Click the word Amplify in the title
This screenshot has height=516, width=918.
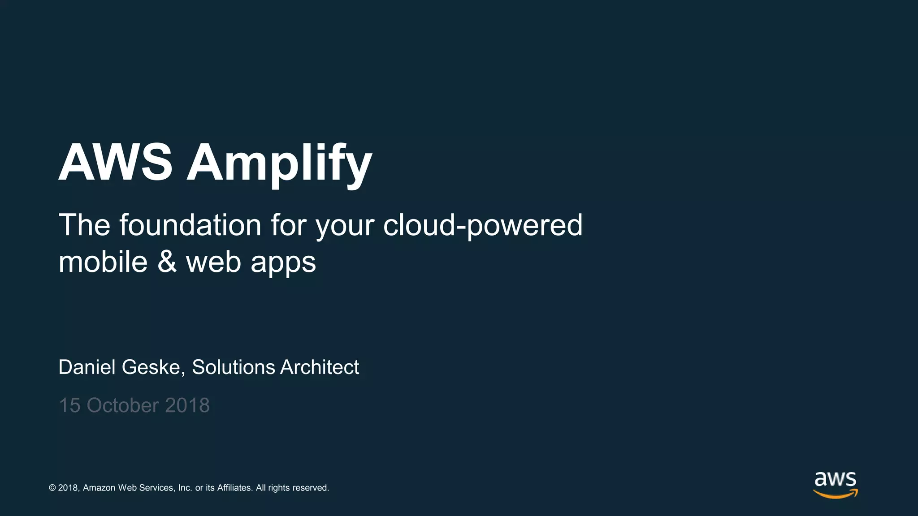tap(279, 163)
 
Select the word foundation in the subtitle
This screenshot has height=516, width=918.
tap(190, 225)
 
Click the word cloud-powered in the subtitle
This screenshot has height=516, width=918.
tap(482, 225)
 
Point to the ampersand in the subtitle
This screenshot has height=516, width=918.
tap(167, 262)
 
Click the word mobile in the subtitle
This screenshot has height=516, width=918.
tap(103, 262)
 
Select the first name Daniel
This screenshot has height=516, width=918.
tap(87, 367)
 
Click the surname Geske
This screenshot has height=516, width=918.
tap(151, 367)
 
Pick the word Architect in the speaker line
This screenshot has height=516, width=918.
tap(320, 367)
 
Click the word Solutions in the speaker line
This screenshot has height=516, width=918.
tap(233, 367)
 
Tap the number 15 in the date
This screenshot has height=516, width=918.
tap(69, 405)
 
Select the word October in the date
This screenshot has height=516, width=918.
tap(122, 405)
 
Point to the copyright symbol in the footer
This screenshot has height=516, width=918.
tap(52, 488)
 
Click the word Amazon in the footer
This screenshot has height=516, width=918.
tap(99, 488)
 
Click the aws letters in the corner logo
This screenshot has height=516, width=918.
tap(835, 479)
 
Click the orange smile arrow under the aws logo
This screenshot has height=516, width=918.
tap(835, 494)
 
